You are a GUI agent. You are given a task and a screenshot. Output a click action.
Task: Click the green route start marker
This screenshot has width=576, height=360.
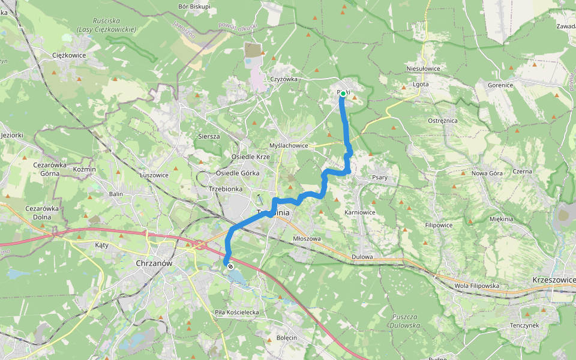[343, 94]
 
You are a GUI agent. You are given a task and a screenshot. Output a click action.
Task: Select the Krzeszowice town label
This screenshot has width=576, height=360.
[553, 280]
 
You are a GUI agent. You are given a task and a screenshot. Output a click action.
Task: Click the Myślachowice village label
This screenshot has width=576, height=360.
[289, 146]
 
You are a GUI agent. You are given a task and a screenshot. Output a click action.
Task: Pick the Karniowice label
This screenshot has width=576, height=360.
[360, 212]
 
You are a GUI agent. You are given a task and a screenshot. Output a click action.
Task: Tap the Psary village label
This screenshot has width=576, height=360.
[380, 178]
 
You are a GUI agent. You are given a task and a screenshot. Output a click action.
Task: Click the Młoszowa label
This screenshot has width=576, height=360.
[307, 238]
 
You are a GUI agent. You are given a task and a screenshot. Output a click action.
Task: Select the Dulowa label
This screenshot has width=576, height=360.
[363, 257]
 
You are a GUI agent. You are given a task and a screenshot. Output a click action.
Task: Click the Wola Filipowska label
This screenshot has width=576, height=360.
[476, 286]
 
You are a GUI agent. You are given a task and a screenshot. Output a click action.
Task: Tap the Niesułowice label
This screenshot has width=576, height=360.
[423, 68]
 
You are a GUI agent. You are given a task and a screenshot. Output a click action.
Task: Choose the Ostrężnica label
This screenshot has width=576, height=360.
[443, 121]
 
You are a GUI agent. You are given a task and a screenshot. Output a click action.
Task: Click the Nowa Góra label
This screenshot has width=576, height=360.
[487, 173]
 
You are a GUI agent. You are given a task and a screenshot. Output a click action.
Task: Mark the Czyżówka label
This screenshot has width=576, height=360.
[284, 79]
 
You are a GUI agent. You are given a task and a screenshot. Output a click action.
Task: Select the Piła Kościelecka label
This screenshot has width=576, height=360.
[236, 313]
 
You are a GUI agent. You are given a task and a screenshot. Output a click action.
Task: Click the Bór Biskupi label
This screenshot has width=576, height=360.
[194, 7]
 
